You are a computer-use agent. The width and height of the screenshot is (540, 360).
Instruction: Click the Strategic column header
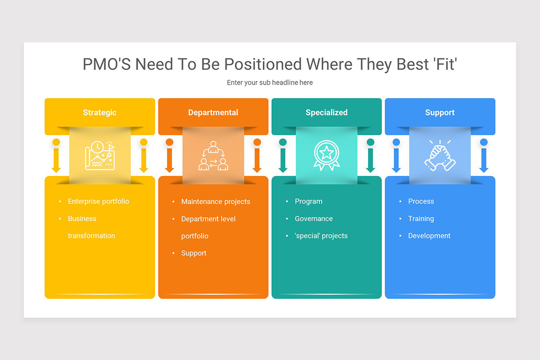(99, 112)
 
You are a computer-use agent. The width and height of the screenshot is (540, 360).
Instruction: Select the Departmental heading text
(213, 112)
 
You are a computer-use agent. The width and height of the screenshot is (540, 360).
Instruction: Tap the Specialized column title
(326, 112)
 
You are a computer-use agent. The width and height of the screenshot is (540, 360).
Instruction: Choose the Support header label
(440, 112)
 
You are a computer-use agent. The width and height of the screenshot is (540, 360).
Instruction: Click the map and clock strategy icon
(100, 156)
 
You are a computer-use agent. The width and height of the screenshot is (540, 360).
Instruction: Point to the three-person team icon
(213, 156)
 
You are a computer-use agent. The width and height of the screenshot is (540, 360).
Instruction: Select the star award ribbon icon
(327, 156)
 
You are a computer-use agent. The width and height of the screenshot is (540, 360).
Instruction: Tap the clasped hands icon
(440, 156)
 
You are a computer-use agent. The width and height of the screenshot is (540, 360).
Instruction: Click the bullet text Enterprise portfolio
(98, 201)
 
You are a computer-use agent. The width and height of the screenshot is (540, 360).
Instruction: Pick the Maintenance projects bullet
(216, 202)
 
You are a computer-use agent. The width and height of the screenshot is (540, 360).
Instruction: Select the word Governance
(314, 219)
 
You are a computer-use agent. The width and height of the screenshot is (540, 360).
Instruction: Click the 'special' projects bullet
(321, 236)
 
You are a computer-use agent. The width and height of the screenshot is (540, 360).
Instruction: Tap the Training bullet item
(421, 219)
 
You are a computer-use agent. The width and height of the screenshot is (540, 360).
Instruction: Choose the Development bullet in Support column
(429, 236)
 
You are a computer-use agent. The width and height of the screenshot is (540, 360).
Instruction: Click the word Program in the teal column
(308, 201)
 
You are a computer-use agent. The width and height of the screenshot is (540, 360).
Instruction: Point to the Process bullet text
(421, 201)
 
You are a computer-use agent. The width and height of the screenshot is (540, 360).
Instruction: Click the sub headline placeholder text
(270, 83)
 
